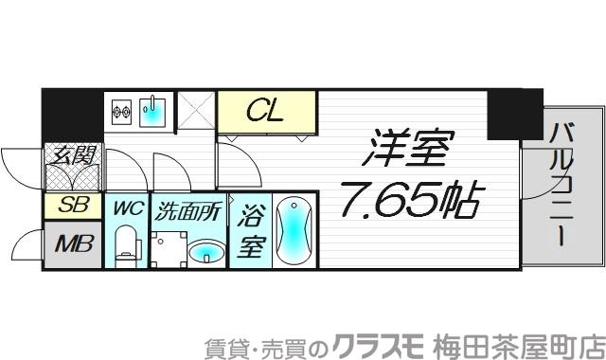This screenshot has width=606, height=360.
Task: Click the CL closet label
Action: (266, 115)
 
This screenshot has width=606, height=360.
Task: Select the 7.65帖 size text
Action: (411, 200)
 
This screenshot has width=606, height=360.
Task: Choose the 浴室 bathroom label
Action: (250, 231)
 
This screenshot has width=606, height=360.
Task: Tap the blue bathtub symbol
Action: (294, 231)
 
